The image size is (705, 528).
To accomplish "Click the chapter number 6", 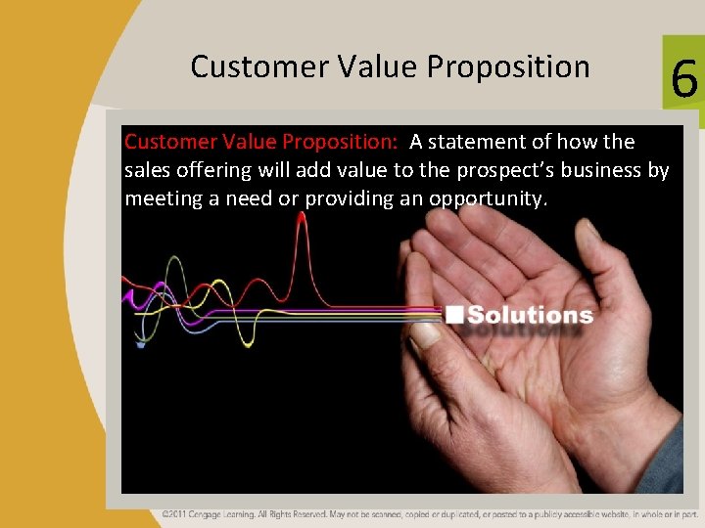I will tap(684, 78).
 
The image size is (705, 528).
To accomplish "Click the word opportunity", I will tap(493, 198).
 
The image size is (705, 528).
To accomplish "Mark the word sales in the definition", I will tap(147, 170).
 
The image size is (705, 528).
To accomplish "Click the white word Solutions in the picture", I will tap(530, 315).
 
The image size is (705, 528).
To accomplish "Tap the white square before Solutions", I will tap(454, 315).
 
